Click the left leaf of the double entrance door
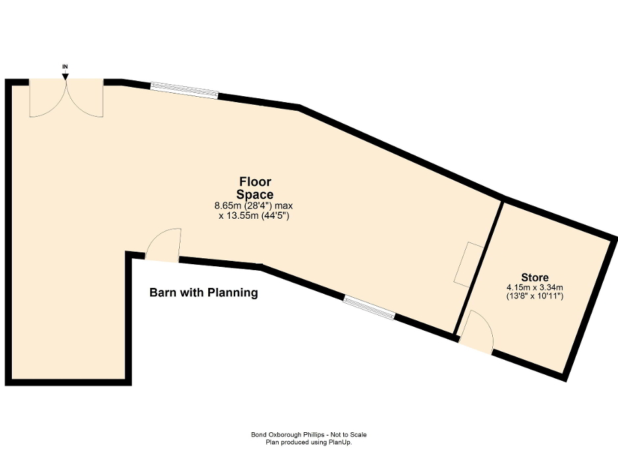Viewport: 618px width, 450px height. tap(47, 99)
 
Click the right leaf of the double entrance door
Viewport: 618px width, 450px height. tap(84, 99)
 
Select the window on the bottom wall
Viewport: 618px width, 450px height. tap(370, 308)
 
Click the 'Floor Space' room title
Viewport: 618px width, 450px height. tap(254, 188)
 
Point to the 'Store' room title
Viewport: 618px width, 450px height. tap(534, 277)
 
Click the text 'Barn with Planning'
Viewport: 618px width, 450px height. tap(204, 293)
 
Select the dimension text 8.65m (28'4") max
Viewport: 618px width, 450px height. tap(254, 206)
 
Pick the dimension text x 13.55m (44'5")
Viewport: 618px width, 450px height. tap(254, 215)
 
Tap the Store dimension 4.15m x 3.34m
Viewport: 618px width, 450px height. tap(534, 288)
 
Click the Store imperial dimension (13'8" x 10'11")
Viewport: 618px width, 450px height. tap(534, 297)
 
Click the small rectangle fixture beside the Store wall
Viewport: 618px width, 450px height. tap(468, 264)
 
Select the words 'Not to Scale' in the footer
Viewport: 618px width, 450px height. tap(349, 434)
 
